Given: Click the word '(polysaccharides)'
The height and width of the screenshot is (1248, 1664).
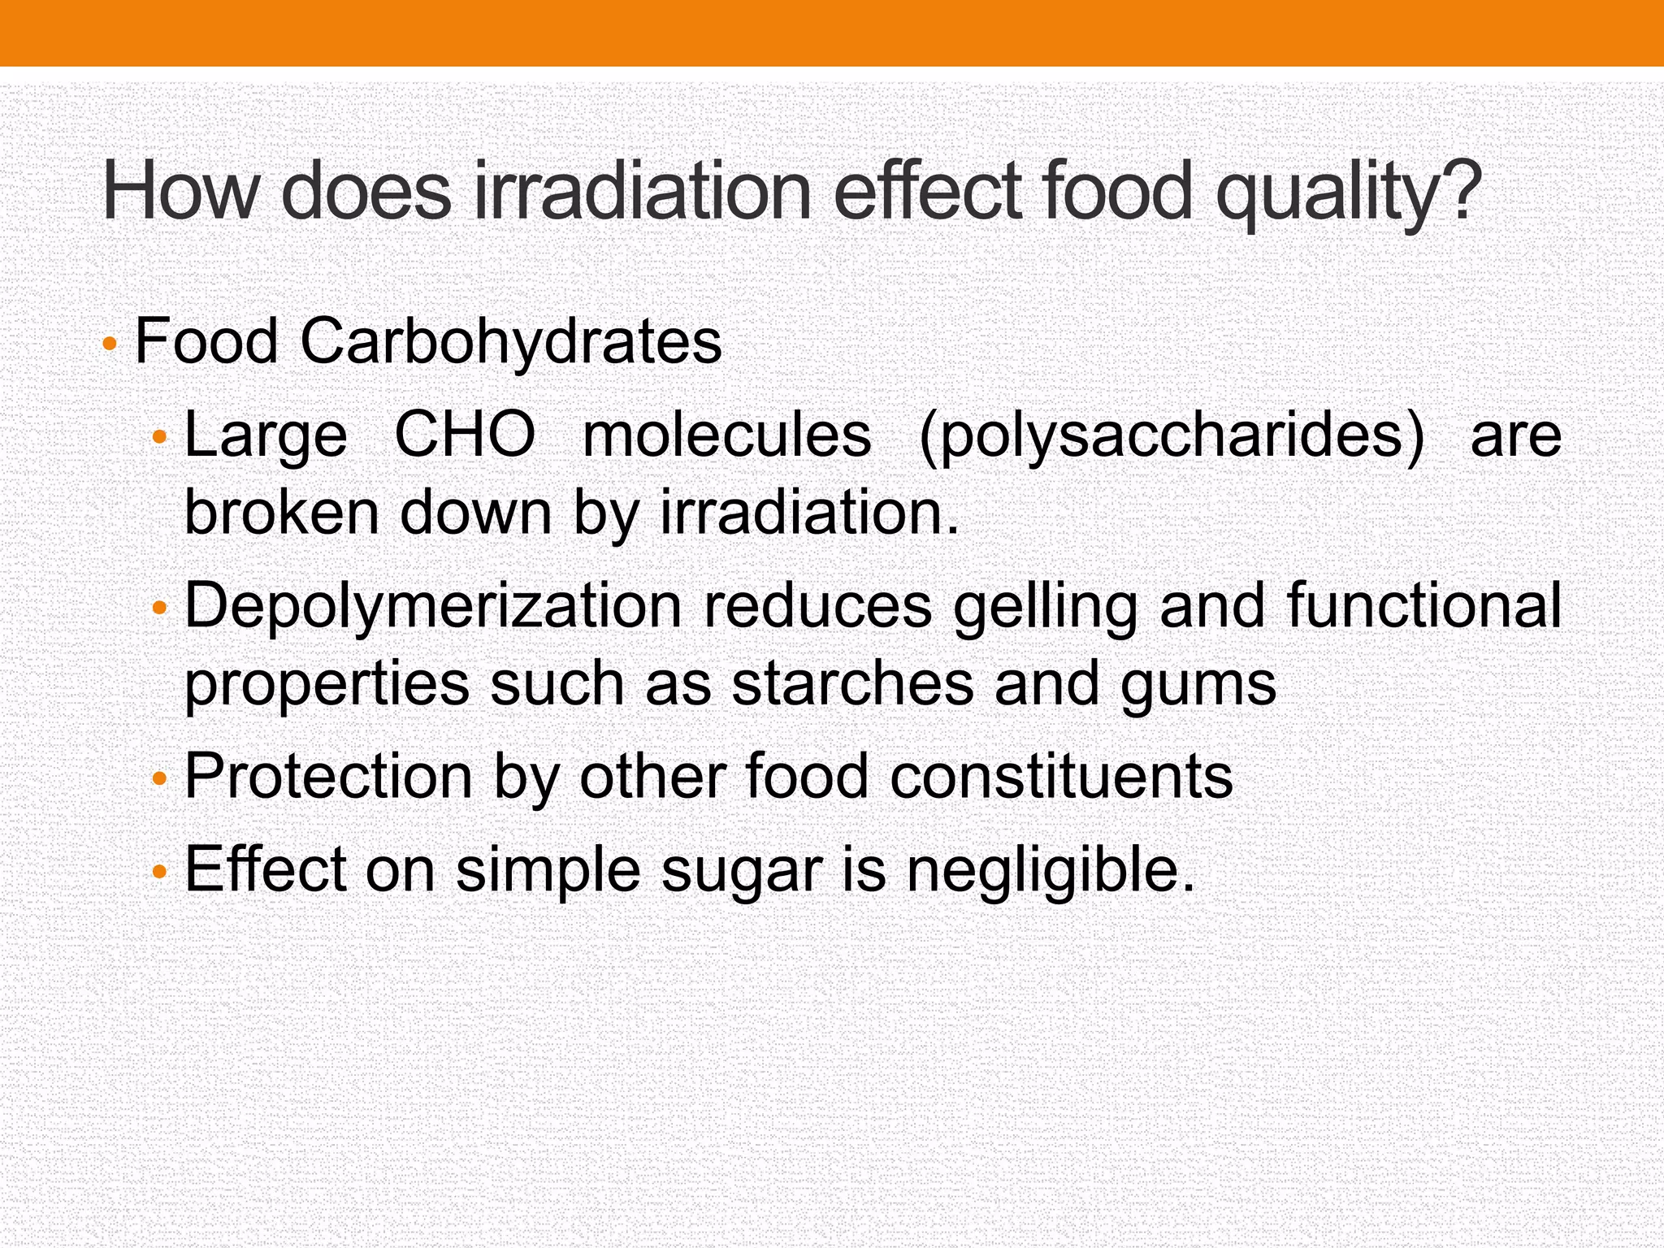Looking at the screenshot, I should pyautogui.click(x=1172, y=436).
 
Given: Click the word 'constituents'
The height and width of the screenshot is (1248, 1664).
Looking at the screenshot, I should pyautogui.click(x=1061, y=776).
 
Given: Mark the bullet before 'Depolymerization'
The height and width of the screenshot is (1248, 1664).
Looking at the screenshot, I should pyautogui.click(x=159, y=608).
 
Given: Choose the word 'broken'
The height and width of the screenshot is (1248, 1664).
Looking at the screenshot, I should pyautogui.click(x=281, y=513).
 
